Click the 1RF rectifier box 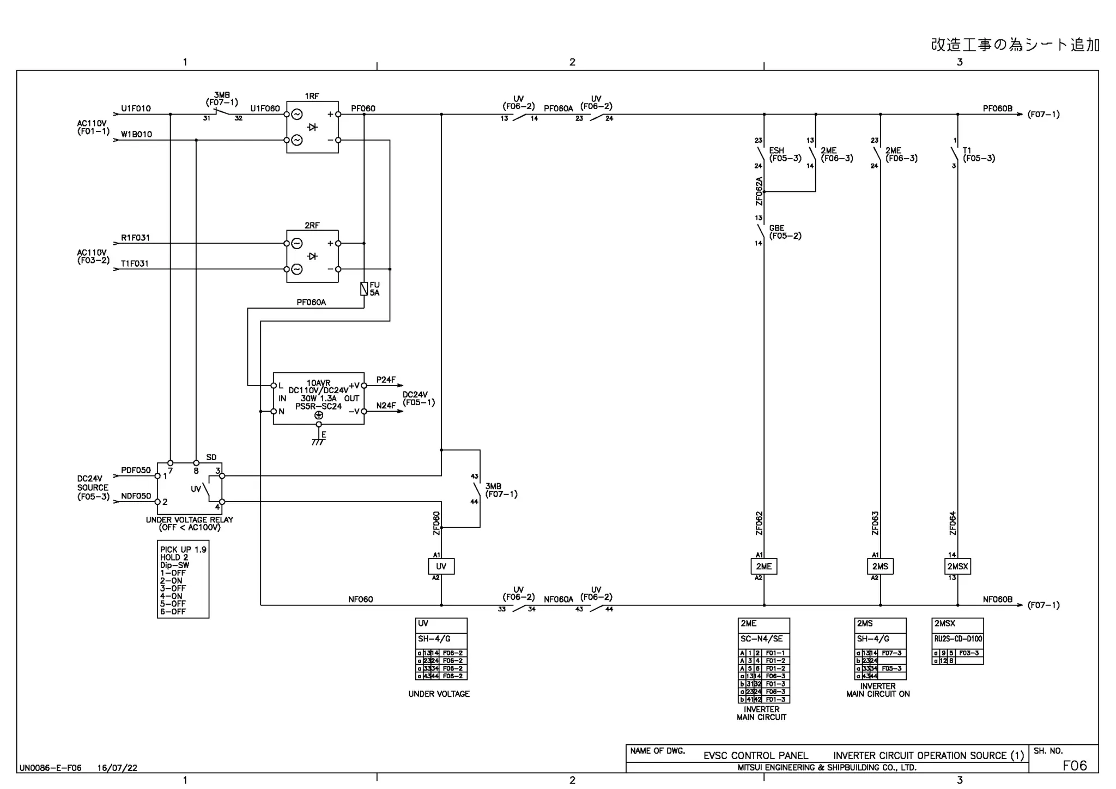tap(312, 127)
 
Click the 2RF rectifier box tap(312, 256)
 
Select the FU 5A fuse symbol tap(364, 289)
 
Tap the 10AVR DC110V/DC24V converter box tap(318, 399)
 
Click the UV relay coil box tap(441, 566)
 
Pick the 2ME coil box tap(763, 566)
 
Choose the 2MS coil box tap(880, 566)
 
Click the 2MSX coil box tap(957, 566)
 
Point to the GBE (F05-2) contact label tap(785, 232)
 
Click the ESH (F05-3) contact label tap(785, 154)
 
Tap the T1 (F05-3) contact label tap(978, 154)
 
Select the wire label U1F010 tap(136, 109)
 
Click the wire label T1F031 tap(135, 263)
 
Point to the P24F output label tap(386, 380)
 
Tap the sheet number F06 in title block tap(1074, 766)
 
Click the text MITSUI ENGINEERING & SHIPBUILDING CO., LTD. tap(827, 767)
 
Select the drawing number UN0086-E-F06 tap(50, 768)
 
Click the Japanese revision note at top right tap(1015, 45)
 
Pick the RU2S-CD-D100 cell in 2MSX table tap(957, 639)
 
